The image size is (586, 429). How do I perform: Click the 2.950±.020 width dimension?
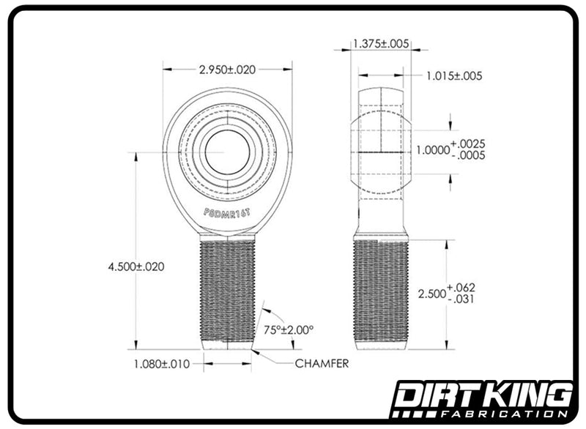(227, 70)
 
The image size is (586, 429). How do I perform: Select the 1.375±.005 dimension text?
(381, 44)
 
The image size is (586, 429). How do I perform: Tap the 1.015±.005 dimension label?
(454, 76)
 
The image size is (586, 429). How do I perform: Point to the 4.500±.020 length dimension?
(136, 266)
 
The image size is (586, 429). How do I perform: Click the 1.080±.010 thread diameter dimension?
(162, 364)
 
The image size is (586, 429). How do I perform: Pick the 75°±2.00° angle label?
(289, 330)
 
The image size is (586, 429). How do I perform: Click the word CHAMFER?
(322, 363)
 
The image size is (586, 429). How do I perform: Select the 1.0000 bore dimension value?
(433, 150)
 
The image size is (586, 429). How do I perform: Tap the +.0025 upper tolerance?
(468, 143)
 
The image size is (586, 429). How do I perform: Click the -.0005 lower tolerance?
(469, 155)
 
